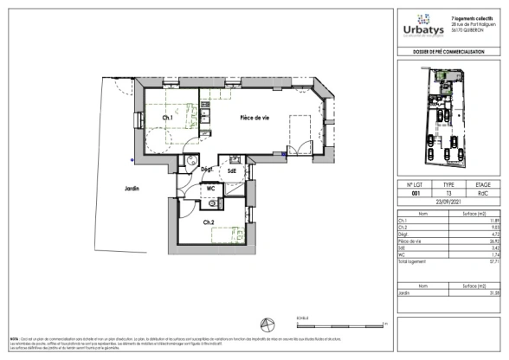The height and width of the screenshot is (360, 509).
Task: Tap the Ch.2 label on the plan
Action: pyautogui.click(x=209, y=223)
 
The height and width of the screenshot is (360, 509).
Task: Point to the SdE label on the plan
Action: pyautogui.click(x=232, y=171)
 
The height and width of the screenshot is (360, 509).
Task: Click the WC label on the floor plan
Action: pyautogui.click(x=210, y=188)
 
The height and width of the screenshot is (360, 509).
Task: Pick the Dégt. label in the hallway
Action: pyautogui.click(x=207, y=170)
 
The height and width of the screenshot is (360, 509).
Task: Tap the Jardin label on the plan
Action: pyautogui.click(x=131, y=188)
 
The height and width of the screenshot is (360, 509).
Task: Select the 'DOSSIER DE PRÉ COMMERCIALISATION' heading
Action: pyautogui.click(x=449, y=55)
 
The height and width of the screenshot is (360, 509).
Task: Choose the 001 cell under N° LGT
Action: pyautogui.click(x=414, y=194)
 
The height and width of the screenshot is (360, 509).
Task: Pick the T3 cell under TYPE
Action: pyautogui.click(x=448, y=194)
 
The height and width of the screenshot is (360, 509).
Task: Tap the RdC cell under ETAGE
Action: pyautogui.click(x=483, y=194)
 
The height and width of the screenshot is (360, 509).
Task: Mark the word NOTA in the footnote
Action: pyautogui.click(x=14, y=338)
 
